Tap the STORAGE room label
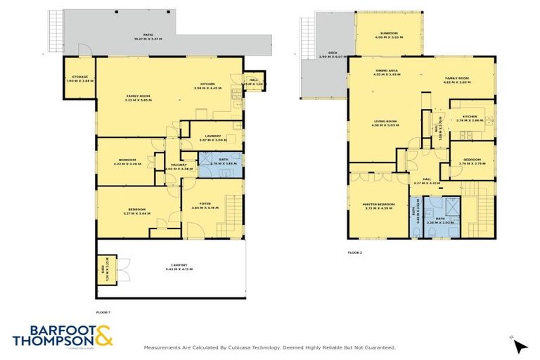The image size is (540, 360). point(78,79)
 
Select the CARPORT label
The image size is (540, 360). point(179,266)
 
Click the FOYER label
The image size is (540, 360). point(205,205)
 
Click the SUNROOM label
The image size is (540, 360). point(389,34)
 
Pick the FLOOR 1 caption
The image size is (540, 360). point(103,311)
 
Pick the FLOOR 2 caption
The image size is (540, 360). point(355,252)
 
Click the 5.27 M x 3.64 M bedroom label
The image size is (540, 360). point(136,210)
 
